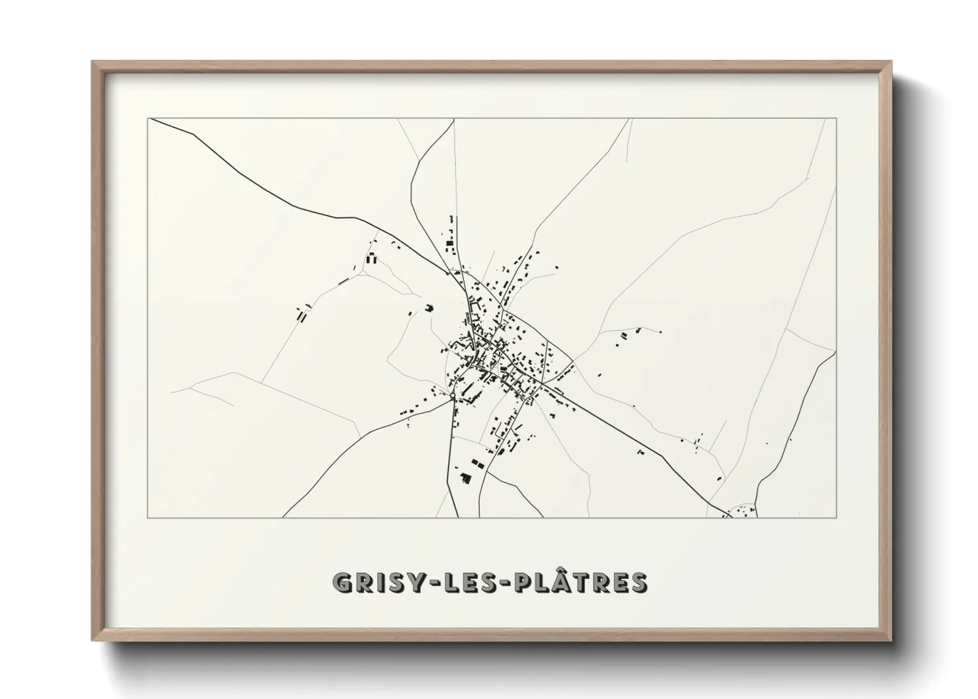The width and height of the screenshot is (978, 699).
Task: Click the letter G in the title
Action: [344, 582]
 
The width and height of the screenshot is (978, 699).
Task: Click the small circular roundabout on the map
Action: [452, 396]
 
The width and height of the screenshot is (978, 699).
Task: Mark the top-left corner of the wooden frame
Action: [93, 61]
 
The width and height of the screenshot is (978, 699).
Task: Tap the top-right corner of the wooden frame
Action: [891, 61]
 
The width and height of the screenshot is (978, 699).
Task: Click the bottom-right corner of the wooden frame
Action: [891, 640]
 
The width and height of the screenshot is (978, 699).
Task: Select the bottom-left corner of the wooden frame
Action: [93, 640]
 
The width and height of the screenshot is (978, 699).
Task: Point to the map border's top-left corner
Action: [148, 118]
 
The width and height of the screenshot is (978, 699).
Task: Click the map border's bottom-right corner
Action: [837, 517]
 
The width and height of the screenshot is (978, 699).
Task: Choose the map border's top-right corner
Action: [837, 118]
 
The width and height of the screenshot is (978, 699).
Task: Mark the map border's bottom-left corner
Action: [148, 517]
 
